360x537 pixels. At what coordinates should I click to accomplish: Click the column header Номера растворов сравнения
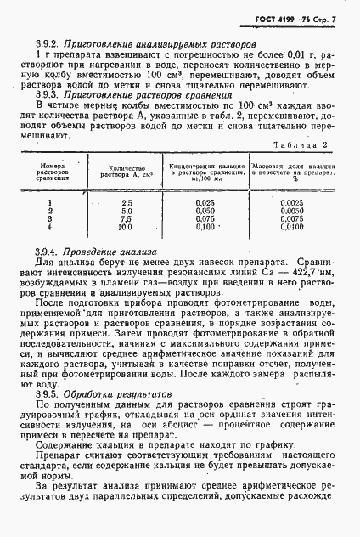point(52,173)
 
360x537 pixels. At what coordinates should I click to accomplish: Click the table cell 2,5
point(127,203)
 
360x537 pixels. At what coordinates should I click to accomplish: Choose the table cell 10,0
point(127,228)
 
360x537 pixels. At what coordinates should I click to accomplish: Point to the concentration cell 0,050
point(204,212)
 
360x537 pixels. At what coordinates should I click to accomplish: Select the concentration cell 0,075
point(204,219)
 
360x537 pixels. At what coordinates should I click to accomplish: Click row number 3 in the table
point(51,219)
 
